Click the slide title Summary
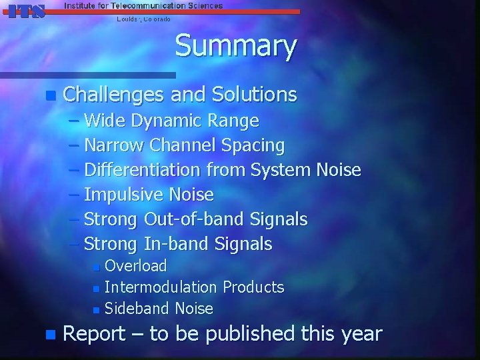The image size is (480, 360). coord(235,47)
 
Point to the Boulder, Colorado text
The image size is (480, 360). coord(143,19)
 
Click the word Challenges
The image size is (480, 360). coord(113,95)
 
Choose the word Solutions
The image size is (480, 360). coord(254,95)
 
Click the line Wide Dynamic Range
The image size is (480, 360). coord(171,121)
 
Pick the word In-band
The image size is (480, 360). coord(176,244)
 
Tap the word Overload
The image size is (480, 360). coord(136,266)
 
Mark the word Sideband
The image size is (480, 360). coord(137,309)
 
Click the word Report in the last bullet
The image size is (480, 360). coord(93,333)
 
